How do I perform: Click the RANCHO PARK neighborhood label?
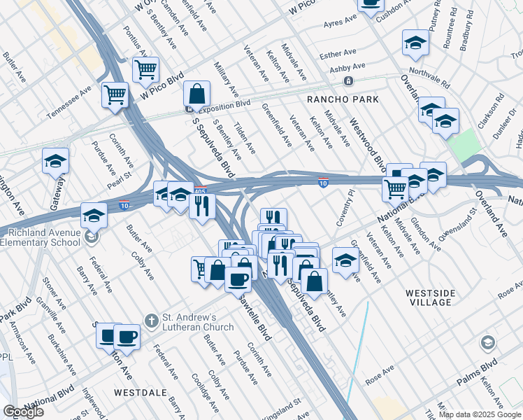pyautogui.click(x=341, y=99)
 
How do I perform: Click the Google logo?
pyautogui.click(x=24, y=412)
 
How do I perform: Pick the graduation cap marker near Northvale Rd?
pyautogui.click(x=415, y=43)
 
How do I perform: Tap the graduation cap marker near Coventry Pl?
pyautogui.click(x=345, y=260)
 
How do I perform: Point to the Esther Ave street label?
pyautogui.click(x=338, y=53)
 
